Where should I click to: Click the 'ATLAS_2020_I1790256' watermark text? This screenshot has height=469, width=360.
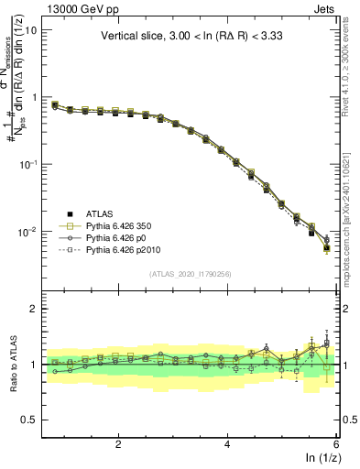[x=191, y=274]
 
